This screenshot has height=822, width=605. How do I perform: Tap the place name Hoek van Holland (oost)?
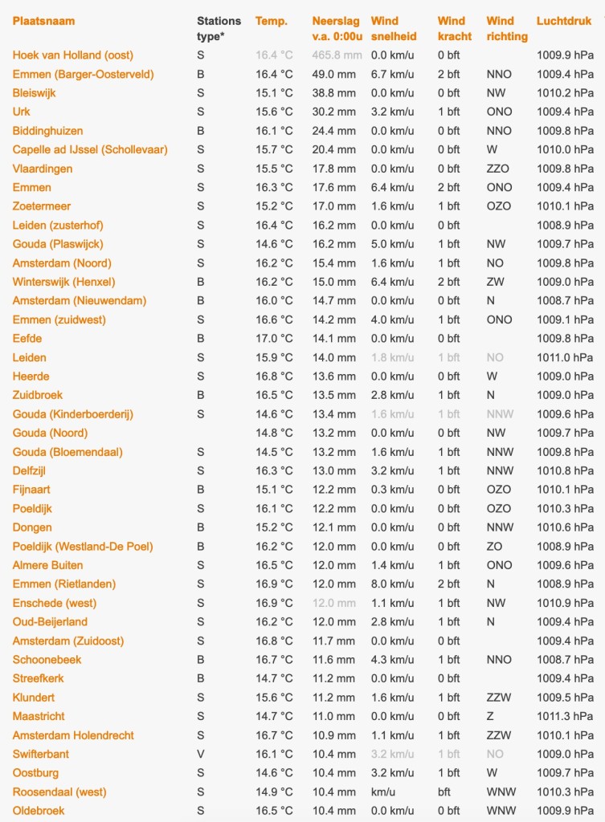73,55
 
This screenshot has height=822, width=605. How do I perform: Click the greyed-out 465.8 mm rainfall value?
337,55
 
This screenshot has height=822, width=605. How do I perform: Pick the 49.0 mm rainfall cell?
333,74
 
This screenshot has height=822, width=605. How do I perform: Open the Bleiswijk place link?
35,93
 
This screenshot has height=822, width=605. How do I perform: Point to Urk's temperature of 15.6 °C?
274,112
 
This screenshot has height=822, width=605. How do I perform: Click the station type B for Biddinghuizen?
201,131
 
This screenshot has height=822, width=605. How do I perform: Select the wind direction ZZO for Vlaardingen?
498,169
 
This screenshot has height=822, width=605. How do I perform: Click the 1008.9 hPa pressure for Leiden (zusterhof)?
565,226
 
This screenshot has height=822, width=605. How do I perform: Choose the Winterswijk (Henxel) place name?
63,282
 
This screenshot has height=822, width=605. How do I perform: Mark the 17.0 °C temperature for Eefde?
274,339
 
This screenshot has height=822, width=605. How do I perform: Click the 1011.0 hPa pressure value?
565,357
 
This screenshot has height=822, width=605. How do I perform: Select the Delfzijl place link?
32,470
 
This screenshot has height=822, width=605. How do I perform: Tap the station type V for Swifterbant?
201,754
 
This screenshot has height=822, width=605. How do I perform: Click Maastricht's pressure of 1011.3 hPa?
565,716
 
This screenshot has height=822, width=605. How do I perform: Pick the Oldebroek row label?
39,811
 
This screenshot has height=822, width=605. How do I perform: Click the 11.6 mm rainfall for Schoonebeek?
333,659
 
